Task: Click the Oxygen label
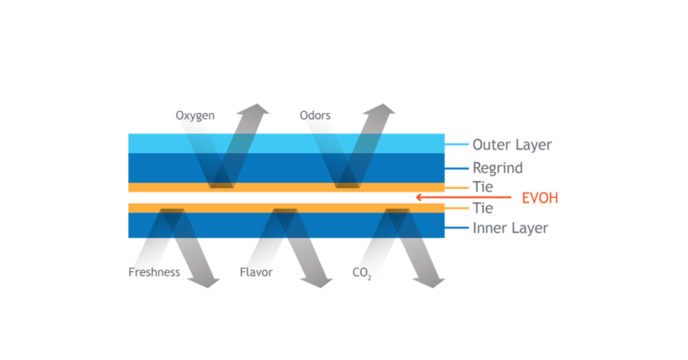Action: point(194,116)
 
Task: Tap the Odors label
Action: point(315,116)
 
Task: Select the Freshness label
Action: point(154,272)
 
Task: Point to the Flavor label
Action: point(256,272)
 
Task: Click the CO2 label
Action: point(362,273)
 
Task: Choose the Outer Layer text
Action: point(512,145)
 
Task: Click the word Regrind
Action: point(497,168)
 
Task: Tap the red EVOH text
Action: point(539,198)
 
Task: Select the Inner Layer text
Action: point(511,228)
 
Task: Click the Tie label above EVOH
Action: point(483,187)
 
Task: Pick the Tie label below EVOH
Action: point(483,208)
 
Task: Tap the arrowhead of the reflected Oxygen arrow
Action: point(254,109)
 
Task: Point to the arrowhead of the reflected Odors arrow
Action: point(380,109)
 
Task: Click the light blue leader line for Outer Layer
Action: point(457,144)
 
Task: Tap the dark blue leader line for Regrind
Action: point(457,168)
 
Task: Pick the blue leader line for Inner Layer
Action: point(457,227)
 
